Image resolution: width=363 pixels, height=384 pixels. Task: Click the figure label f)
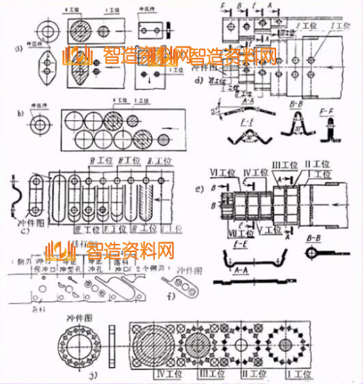pos(171,297)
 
